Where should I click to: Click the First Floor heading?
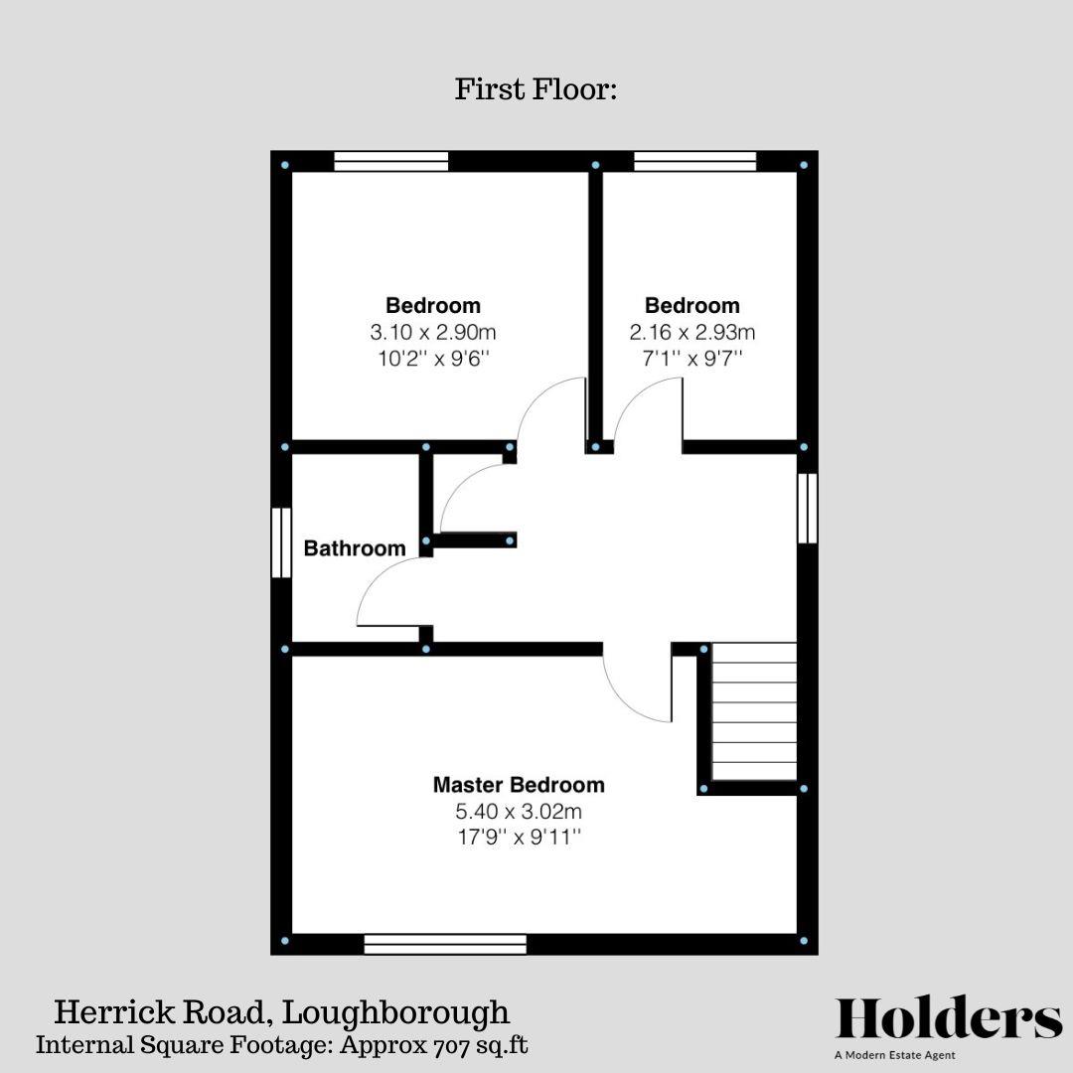536,89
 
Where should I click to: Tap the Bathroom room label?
355,548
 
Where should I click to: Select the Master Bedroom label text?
519,785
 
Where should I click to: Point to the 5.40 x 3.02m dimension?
519,812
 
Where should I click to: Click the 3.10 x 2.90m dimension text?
433,332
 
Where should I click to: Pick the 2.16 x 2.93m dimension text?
692,332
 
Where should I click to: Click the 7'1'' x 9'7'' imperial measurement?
692,358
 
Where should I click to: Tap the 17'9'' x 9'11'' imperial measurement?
519,838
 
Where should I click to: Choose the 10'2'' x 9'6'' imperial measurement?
433,358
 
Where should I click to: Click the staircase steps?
755,711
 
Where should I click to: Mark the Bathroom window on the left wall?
282,542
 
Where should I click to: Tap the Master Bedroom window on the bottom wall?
445,943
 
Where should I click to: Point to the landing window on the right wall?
808,509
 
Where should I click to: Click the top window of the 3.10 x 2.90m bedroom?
390,161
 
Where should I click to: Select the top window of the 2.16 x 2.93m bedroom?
695,161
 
